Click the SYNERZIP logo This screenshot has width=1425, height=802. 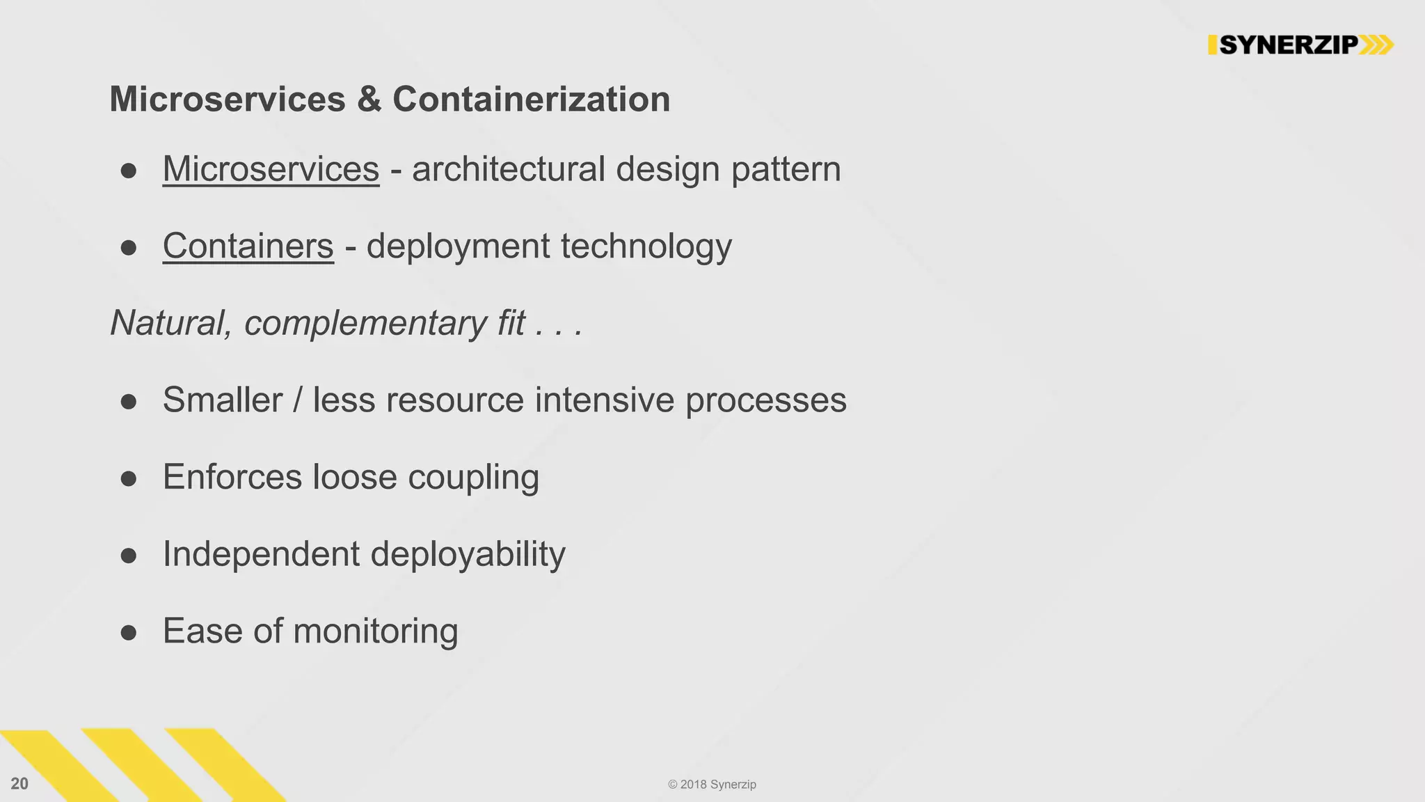click(1300, 45)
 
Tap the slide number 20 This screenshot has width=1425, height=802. click(19, 784)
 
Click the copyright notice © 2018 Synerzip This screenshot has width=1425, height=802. click(712, 785)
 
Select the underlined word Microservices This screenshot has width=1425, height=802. click(271, 169)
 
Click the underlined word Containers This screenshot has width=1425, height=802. click(248, 246)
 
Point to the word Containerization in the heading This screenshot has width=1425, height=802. click(531, 99)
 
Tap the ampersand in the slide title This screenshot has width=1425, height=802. click(369, 99)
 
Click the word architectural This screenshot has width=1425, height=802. click(509, 169)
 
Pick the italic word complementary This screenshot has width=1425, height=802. click(365, 324)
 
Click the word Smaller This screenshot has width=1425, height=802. click(223, 400)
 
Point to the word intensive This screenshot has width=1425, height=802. click(604, 400)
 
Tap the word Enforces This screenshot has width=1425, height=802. click(232, 478)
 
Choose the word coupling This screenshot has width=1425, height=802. click(473, 478)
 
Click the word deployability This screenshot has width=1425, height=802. click(468, 555)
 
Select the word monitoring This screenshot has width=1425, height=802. click(376, 631)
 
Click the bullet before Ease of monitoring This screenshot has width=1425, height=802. click(128, 632)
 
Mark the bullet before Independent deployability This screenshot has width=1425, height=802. click(128, 556)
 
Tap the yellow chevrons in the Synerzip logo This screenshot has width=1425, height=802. click(1376, 45)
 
